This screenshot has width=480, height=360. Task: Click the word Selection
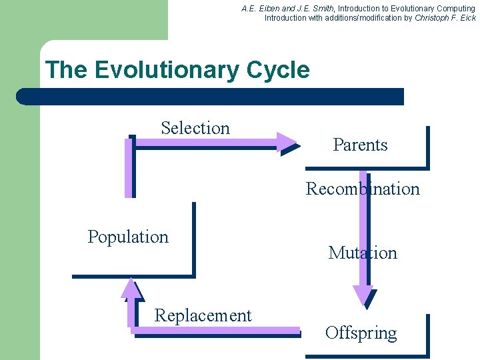(x=195, y=128)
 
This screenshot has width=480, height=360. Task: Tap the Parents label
(x=360, y=145)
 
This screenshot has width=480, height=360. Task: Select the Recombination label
(x=363, y=189)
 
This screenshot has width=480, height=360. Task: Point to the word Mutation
(x=363, y=253)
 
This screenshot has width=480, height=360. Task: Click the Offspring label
(x=361, y=333)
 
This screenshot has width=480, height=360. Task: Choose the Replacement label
(x=203, y=315)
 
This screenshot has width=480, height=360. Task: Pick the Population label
(x=128, y=237)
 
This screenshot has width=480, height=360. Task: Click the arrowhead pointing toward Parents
(x=289, y=141)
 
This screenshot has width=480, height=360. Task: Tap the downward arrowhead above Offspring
(x=363, y=296)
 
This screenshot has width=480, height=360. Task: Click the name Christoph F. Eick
(x=445, y=18)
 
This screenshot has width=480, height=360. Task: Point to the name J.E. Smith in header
(x=313, y=9)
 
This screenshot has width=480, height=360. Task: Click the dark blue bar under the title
(x=210, y=97)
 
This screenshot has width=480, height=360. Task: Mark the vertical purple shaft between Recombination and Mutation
(x=363, y=221)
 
